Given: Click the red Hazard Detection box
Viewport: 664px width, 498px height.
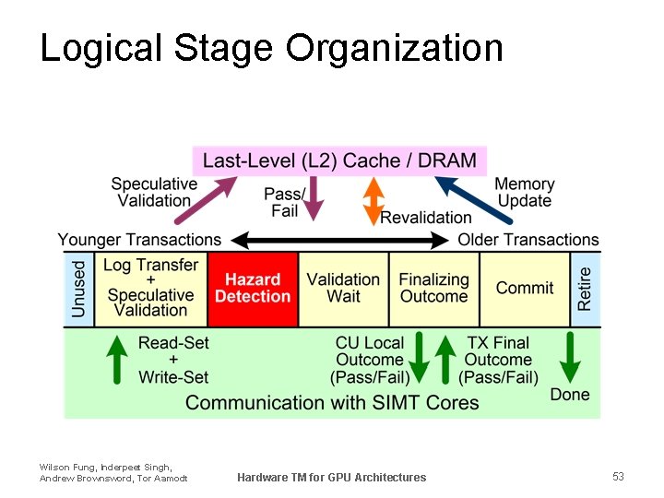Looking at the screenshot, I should point(253,288).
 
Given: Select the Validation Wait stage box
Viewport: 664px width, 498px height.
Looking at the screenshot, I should point(343,288).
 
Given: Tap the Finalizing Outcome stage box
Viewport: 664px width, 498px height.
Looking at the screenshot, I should point(433,288).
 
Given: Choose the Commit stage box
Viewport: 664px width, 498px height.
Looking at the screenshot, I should point(524,288).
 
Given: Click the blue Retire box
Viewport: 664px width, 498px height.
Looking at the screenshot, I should point(585,288).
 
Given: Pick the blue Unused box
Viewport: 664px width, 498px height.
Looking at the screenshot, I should point(78,288).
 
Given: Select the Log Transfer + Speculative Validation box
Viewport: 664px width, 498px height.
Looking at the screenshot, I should point(150,288).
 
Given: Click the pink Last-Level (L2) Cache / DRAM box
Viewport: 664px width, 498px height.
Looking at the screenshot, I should point(339,160).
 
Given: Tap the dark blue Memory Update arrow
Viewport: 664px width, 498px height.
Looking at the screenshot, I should point(474,200).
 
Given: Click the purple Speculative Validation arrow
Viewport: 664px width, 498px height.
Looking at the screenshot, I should point(211,200).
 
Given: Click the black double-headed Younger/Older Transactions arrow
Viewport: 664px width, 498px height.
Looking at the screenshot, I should point(339,241).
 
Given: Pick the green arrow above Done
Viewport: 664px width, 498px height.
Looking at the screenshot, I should point(569,357).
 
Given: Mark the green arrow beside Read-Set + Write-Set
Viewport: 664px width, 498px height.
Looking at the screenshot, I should point(117,359).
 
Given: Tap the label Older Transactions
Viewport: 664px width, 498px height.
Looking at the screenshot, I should point(528,240).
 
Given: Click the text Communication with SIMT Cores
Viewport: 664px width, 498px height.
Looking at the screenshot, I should point(332,402).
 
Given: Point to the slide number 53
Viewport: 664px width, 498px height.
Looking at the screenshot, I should point(618,476).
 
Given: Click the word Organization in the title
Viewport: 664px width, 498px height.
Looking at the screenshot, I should point(394,48).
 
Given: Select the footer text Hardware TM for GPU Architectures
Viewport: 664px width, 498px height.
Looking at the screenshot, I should point(331,477).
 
